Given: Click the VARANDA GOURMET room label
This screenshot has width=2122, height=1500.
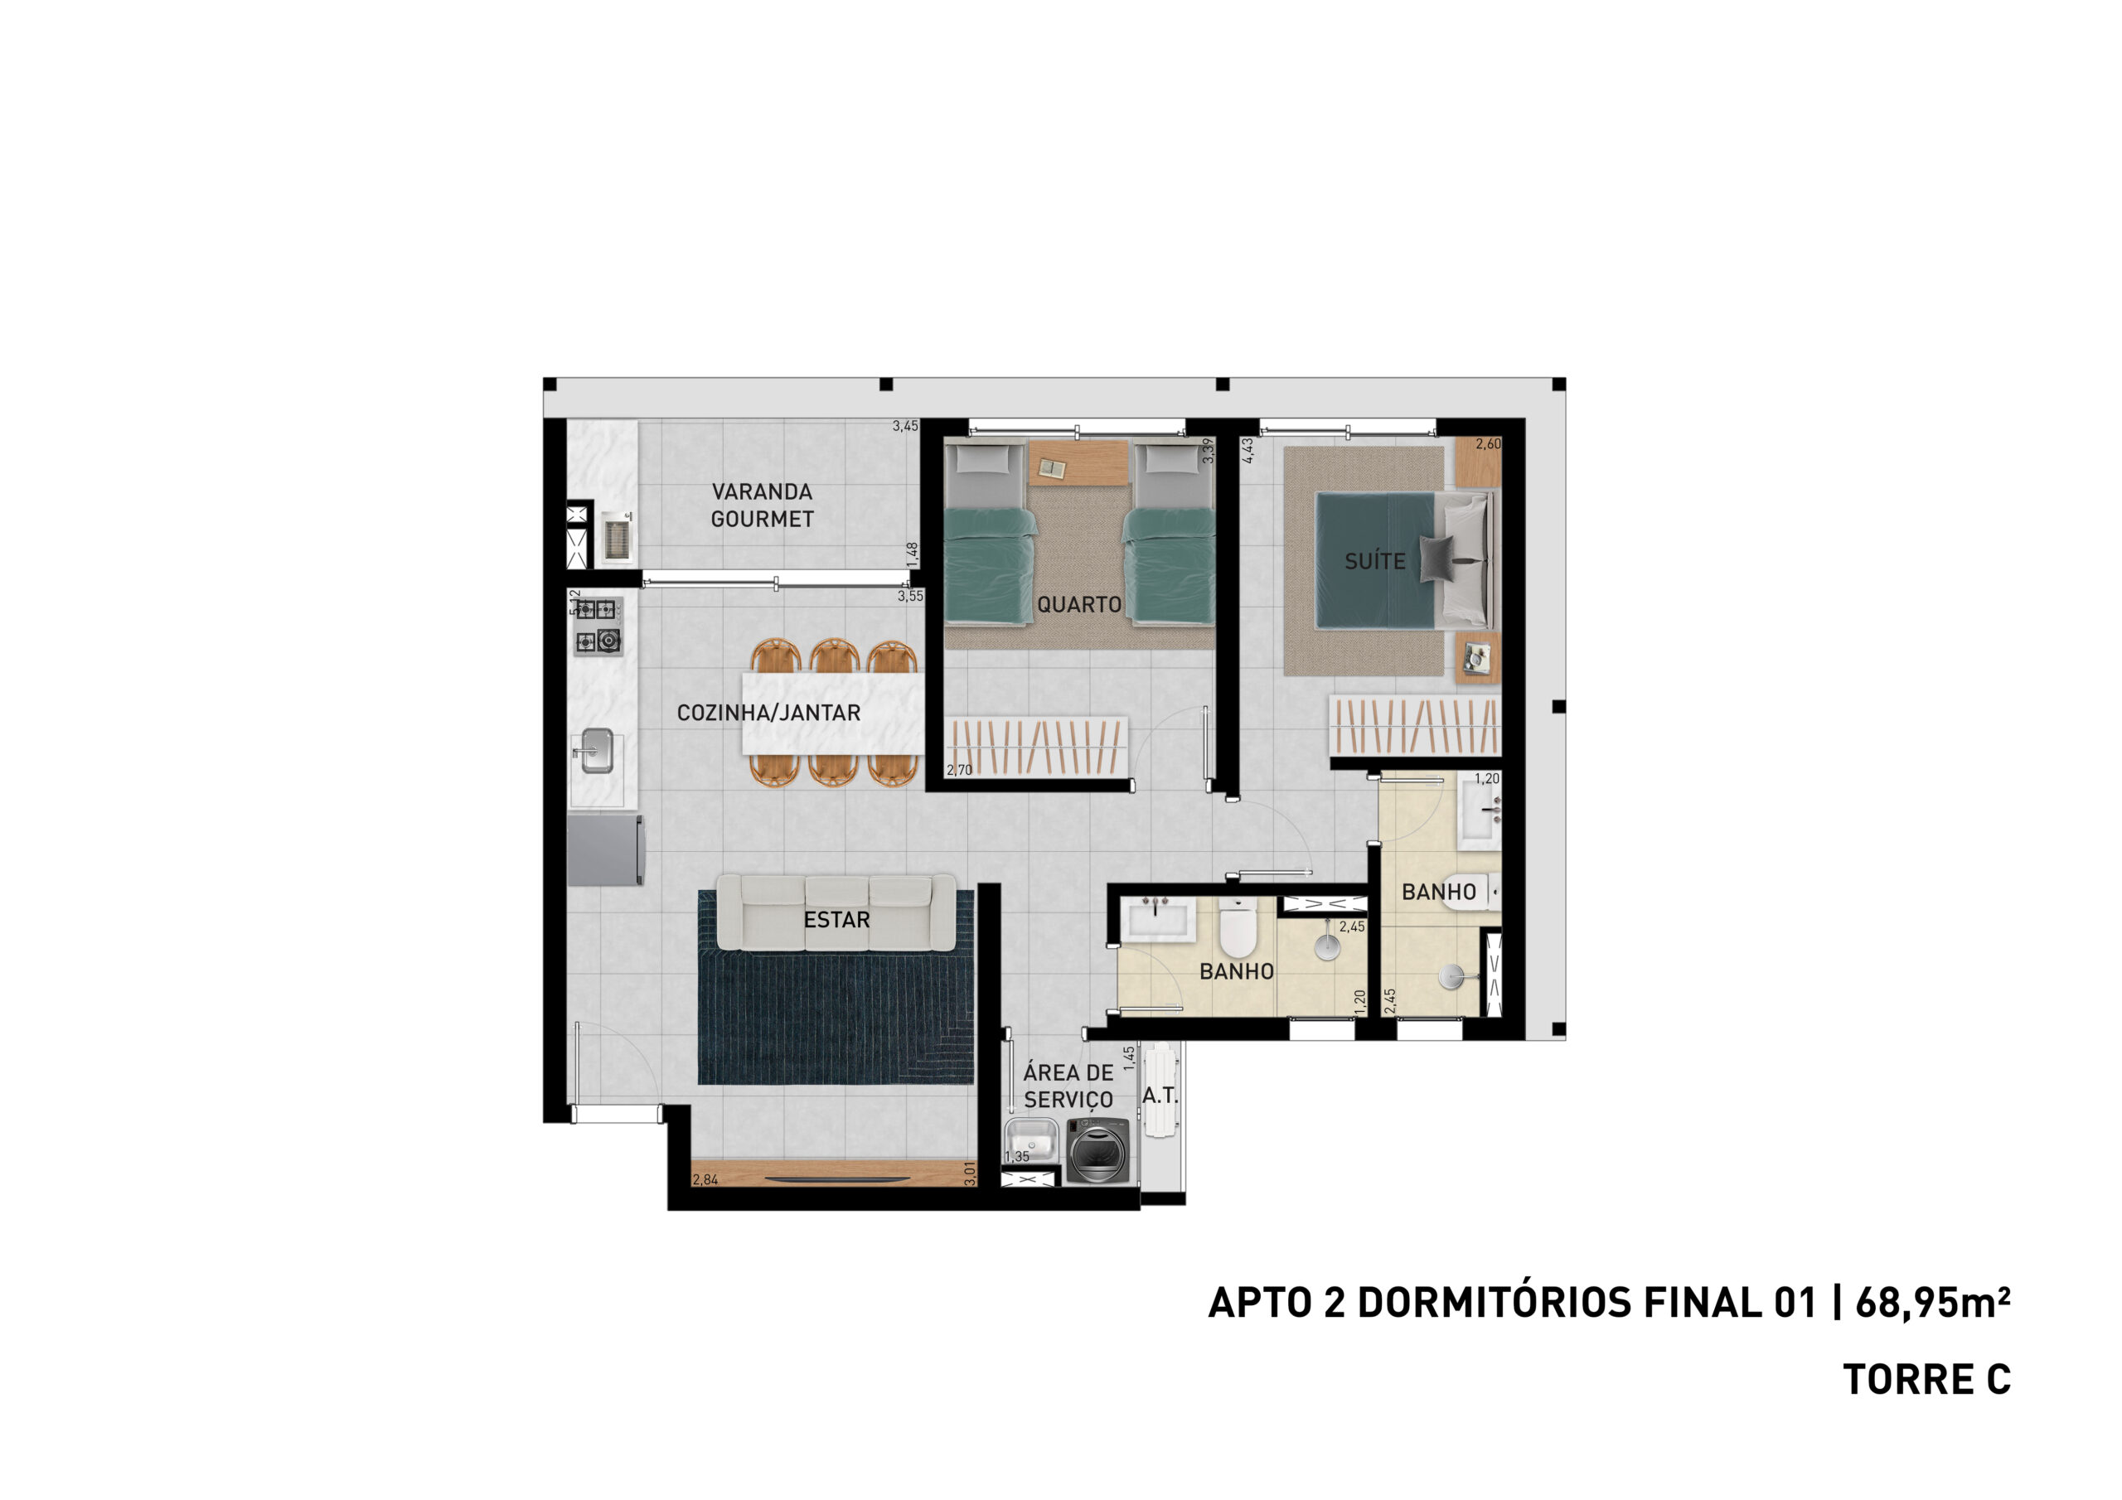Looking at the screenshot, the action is pos(762,506).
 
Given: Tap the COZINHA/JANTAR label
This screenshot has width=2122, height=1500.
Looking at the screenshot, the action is pos(768,713).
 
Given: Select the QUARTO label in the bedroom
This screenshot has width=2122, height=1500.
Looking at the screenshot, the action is pos(1078,604).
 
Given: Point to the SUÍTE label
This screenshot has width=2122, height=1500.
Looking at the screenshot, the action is pos(1374,561).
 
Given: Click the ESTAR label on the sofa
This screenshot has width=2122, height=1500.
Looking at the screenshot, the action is pos(836,920).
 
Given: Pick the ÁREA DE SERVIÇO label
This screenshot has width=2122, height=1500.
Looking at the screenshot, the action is pos(1068,1086).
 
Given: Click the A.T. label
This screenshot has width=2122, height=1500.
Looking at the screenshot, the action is pos(1159,1096).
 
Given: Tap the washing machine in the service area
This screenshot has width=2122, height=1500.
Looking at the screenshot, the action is pos(1098,1149).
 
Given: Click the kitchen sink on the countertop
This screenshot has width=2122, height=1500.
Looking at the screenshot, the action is pos(596,751).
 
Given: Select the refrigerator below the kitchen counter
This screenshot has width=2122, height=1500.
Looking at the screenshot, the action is pos(604,849).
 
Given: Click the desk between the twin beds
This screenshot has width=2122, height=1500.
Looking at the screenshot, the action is pos(1078,462).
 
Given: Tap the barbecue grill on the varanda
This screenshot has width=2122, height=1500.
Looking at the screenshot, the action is pos(617,537).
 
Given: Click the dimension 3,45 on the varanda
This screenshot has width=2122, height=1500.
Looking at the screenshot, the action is pos(905,426).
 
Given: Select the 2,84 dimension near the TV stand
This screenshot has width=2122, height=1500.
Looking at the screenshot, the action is pos(705,1179).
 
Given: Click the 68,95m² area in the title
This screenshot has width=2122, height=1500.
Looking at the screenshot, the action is pos(1931,1302).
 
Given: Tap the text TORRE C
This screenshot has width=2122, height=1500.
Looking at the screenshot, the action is pos(1927,1380).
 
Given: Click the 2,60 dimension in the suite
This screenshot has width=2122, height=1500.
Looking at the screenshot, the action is pos(1488,443).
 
